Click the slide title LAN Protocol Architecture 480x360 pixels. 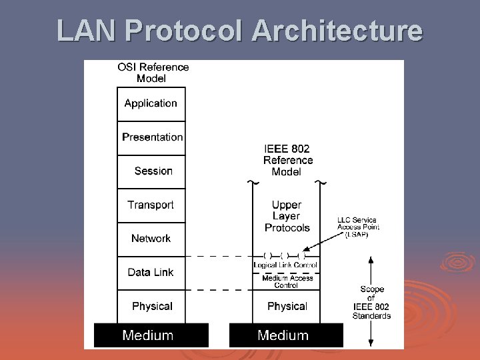[239, 30]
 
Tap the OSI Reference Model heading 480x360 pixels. [153, 73]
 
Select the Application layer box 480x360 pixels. [151, 103]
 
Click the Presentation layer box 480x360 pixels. [151, 137]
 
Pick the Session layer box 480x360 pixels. [151, 171]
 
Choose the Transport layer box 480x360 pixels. [151, 205]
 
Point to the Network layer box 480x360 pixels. [151, 239]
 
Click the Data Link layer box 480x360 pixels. [151, 272]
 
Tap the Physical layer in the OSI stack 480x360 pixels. [151, 306]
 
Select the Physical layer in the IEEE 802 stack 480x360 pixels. [287, 306]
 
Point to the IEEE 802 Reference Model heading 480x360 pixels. [287, 160]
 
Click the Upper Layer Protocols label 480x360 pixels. [287, 216]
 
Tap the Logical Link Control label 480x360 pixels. [285, 265]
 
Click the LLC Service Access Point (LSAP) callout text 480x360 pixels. [358, 227]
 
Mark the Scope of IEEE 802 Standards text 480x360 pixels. [371, 302]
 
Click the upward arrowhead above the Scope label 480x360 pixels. [371, 261]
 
